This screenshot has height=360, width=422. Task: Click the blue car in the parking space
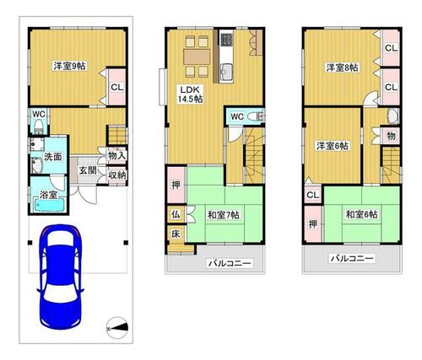click(60, 277)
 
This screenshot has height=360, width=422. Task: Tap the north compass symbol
click(117, 328)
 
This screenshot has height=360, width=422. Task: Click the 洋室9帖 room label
click(70, 67)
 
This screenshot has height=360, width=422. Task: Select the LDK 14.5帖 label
click(190, 94)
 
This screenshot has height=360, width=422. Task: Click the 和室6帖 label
click(361, 215)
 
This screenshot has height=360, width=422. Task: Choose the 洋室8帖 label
click(342, 67)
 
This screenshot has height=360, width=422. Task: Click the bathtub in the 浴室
click(50, 205)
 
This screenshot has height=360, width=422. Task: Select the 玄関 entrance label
click(88, 170)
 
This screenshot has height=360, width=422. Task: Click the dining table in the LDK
click(197, 57)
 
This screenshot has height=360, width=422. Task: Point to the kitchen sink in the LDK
click(226, 72)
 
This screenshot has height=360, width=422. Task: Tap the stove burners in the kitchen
click(226, 40)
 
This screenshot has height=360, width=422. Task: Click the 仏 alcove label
click(176, 215)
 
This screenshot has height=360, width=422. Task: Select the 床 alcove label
click(176, 234)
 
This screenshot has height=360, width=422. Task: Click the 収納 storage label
click(117, 175)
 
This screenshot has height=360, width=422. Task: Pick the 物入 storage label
click(117, 156)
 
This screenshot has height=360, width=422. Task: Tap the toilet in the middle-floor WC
click(256, 116)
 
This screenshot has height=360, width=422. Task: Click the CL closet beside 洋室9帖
click(117, 87)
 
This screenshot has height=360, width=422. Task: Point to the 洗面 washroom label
click(53, 157)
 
